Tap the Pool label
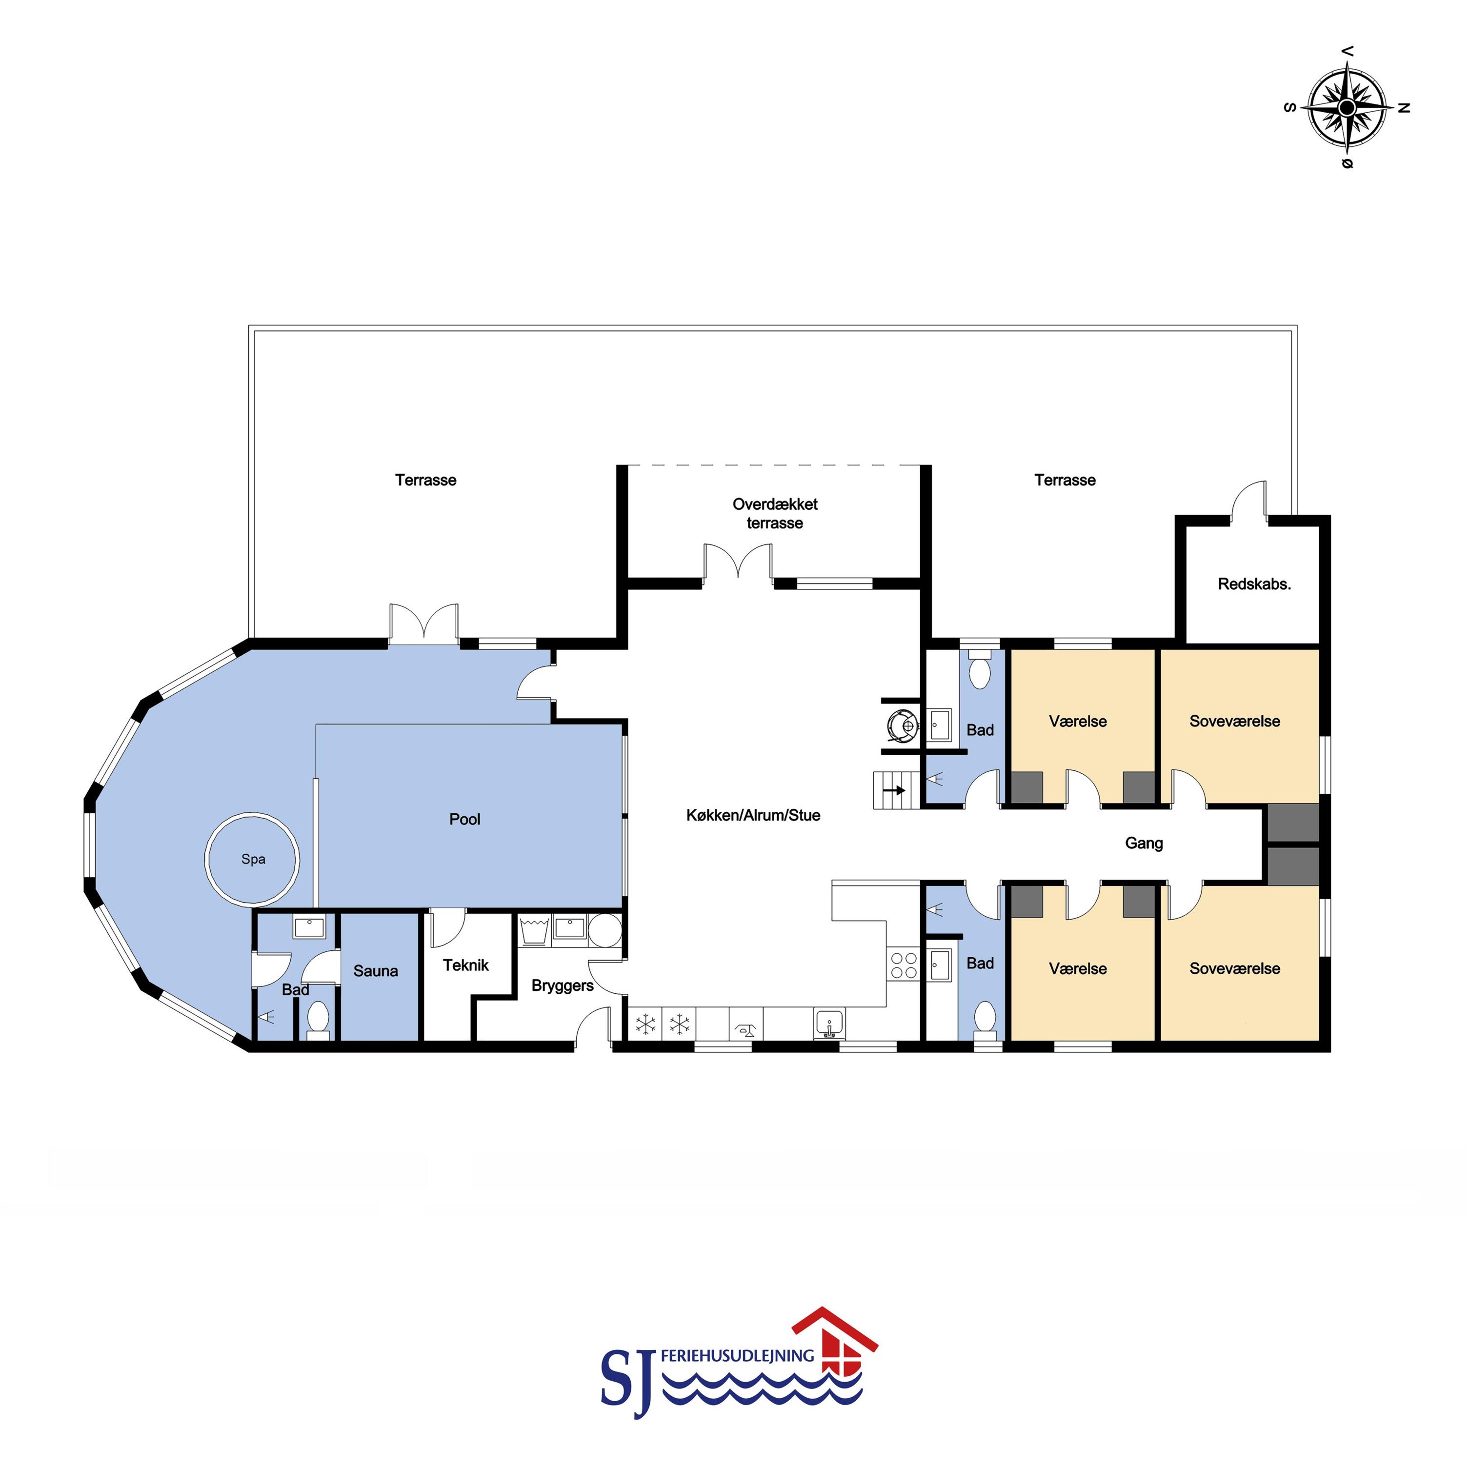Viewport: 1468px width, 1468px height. (x=464, y=819)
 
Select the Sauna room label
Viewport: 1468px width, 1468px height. (x=375, y=971)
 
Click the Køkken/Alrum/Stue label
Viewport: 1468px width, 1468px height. (x=753, y=815)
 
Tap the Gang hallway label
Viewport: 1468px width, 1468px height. (x=1144, y=844)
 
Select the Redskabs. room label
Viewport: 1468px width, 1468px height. (x=1254, y=584)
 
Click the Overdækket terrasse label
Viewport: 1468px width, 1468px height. (x=775, y=514)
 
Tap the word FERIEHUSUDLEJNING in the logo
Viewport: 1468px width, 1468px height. (x=737, y=1355)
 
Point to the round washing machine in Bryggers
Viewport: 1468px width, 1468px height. (x=605, y=930)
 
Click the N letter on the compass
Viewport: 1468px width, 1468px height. (x=1404, y=108)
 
